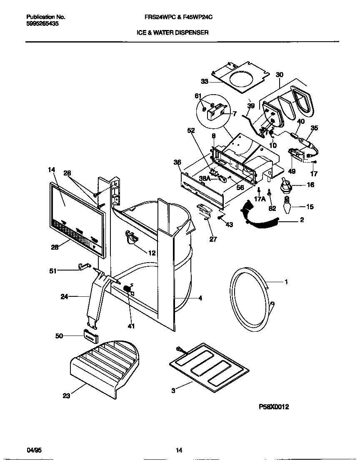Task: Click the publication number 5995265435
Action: click(42, 24)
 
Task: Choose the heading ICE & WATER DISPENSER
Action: click(172, 32)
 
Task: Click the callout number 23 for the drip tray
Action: click(66, 396)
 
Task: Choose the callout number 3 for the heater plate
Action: click(173, 391)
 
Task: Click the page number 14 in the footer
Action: click(179, 450)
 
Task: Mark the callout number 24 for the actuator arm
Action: click(65, 297)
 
